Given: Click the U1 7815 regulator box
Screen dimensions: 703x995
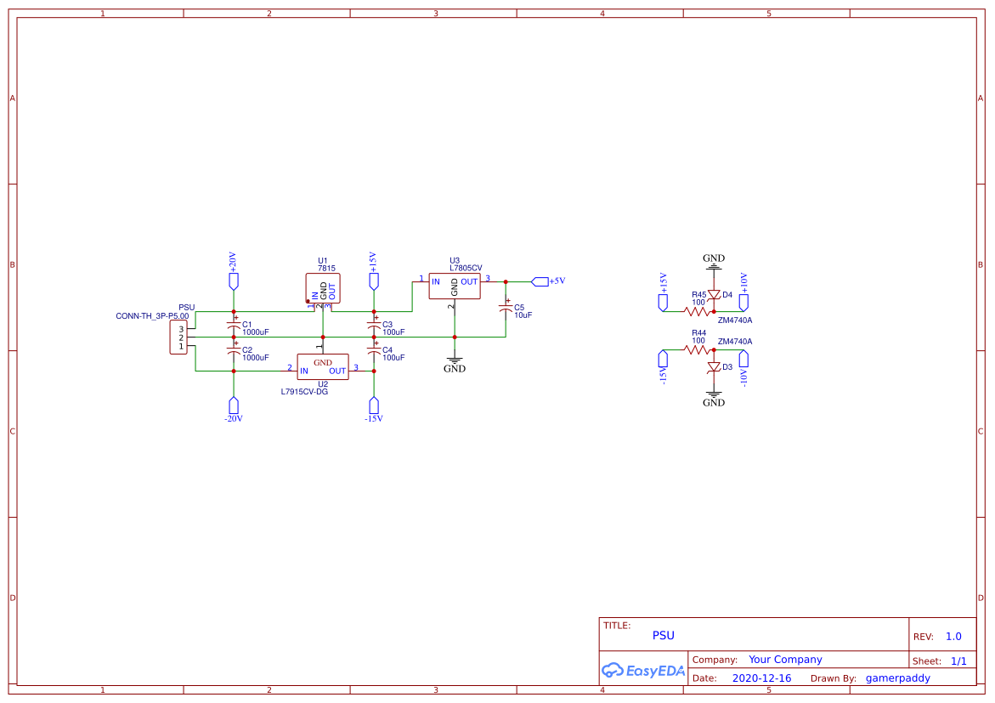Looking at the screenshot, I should click(x=322, y=288).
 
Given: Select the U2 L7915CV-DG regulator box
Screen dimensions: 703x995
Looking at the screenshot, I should click(x=322, y=366).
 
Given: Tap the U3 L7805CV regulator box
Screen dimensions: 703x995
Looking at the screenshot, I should click(x=454, y=286).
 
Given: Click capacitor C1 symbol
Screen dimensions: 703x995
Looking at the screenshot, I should click(x=234, y=326).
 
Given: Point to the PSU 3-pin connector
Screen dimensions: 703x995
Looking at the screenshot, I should click(x=178, y=338).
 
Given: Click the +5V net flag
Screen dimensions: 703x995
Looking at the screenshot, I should click(x=540, y=281).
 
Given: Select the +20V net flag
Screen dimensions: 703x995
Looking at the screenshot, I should click(x=234, y=281).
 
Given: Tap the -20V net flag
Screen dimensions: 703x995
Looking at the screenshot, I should click(x=234, y=405).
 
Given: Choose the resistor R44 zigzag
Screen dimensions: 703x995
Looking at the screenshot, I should click(x=698, y=349).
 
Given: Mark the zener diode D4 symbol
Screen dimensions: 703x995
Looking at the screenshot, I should click(x=715, y=295).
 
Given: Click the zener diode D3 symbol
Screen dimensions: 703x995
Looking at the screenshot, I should click(x=715, y=366).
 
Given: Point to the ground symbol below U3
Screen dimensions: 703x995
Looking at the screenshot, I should click(x=455, y=361).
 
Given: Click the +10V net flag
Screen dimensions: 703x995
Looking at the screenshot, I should click(x=743, y=301).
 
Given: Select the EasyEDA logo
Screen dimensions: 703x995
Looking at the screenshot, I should click(x=643, y=670).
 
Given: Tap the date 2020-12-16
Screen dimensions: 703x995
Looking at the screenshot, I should click(x=761, y=678).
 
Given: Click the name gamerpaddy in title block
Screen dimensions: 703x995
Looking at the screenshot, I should click(x=897, y=678).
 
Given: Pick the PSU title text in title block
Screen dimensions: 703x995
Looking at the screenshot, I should click(x=663, y=635).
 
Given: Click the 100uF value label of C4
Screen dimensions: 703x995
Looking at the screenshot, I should click(x=393, y=358).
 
